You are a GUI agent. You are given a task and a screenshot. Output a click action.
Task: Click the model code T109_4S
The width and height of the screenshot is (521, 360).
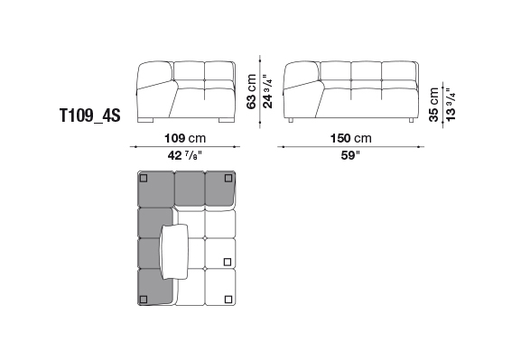click(89, 115)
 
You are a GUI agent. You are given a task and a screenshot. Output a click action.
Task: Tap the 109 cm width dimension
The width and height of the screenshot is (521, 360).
click(185, 138)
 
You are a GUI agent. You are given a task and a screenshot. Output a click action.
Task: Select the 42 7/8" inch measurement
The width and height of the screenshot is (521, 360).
click(185, 155)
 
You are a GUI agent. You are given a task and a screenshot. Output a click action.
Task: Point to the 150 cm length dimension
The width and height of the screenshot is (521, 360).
click(351, 138)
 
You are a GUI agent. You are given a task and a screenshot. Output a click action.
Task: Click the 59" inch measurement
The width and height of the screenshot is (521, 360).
click(350, 155)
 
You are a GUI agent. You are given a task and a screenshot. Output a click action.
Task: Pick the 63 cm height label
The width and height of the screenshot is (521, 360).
click(252, 91)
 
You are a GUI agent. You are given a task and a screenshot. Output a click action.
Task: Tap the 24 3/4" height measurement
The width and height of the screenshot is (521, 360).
click(268, 91)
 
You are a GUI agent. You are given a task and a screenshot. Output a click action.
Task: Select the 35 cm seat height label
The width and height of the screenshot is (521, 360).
click(434, 105)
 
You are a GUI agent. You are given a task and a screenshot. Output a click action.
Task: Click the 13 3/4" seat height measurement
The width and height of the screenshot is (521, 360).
click(451, 105)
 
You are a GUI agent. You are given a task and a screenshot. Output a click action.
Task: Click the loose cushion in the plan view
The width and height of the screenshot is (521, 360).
click(174, 252)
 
